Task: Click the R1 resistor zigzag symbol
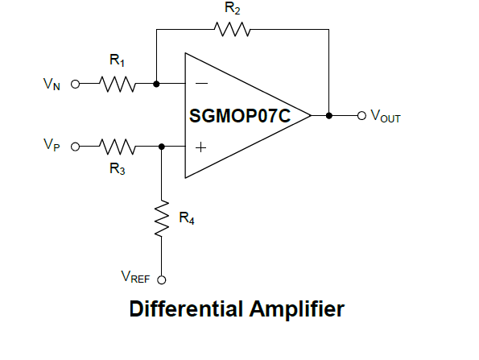pos(118,84)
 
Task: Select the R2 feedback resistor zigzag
pos(232,29)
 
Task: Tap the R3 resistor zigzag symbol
pos(118,147)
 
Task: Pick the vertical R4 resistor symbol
pos(162,218)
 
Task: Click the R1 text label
pos(117,60)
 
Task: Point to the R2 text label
pos(232,8)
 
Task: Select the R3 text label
pos(118,168)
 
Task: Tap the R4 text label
pos(187,218)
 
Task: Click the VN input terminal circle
pos(75,84)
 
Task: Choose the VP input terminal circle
pos(75,147)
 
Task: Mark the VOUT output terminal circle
pos(361,116)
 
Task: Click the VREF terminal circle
pos(162,279)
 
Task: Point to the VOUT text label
pos(386,116)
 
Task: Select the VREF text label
pos(135,277)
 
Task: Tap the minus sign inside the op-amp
pos(201,83)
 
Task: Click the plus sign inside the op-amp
pos(200,147)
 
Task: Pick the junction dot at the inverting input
pos(156,84)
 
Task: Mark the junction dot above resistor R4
pos(162,147)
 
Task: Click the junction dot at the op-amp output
pos(329,116)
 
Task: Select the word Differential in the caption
pos(186,309)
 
